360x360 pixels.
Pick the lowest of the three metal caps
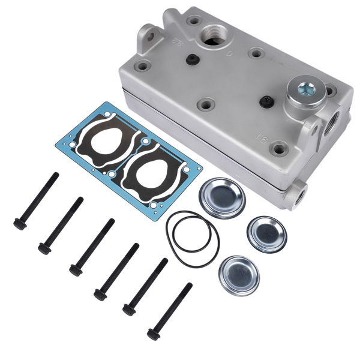[238, 275]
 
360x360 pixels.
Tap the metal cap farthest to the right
[267, 233]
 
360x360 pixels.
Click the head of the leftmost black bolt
[19, 223]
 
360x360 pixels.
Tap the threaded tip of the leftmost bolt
[56, 176]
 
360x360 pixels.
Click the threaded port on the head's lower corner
[298, 193]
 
